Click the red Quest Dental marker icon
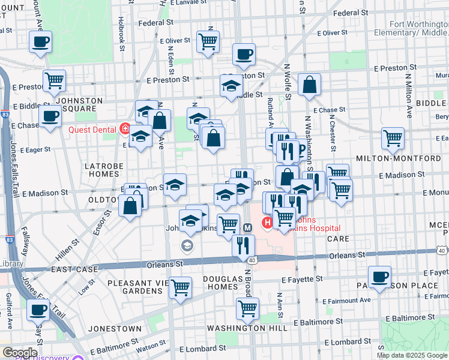pyautogui.click(x=125, y=128)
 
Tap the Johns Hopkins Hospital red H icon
pyautogui.click(x=267, y=224)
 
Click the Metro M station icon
pyautogui.click(x=247, y=227)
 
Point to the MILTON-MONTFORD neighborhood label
pyautogui.click(x=407, y=158)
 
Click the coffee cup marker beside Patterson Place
pyautogui.click(x=379, y=277)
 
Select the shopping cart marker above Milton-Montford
pyautogui.click(x=393, y=138)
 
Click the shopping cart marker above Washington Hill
pyautogui.click(x=247, y=308)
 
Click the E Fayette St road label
pyautogui.click(x=302, y=279)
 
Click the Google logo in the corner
pyautogui.click(x=19, y=352)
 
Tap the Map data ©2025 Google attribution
pyautogui.click(x=412, y=355)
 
